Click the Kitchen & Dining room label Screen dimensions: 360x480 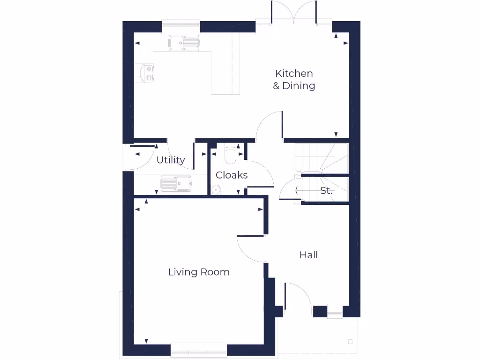294,80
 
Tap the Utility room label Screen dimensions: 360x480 171,160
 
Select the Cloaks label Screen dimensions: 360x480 232,175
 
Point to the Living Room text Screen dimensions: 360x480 199,272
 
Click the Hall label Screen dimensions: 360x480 308,255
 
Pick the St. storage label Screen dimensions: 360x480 326,191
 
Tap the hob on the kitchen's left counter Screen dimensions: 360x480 146,73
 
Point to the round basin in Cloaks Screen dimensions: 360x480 216,190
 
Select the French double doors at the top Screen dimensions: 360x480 294,14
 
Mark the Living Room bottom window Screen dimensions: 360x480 198,349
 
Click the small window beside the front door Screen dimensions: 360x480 335,311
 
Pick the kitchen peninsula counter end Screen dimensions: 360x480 225,87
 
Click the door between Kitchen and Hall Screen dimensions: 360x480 269,126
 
